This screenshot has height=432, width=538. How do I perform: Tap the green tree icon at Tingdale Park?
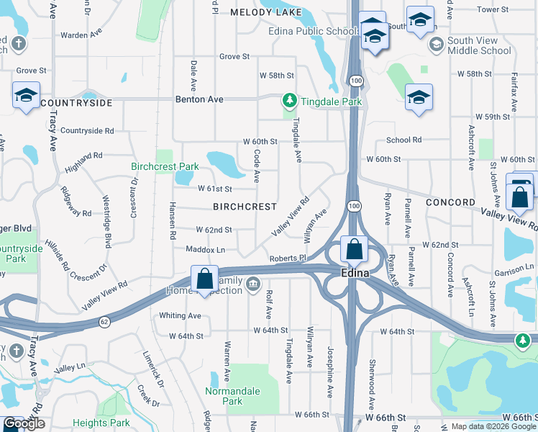[289, 99]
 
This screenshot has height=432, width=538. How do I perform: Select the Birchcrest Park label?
[165, 166]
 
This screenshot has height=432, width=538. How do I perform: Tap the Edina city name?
[355, 274]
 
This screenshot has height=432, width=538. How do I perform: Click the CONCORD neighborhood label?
[450, 202]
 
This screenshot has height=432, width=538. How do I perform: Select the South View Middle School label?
[479, 45]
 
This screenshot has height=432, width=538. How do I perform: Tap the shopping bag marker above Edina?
[354, 250]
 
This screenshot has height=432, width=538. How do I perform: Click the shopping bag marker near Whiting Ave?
[204, 279]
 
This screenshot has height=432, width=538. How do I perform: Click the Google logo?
[24, 424]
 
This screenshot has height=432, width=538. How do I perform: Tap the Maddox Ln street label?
[206, 250]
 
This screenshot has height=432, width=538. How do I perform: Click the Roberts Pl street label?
[288, 258]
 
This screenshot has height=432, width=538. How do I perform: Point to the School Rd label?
[403, 140]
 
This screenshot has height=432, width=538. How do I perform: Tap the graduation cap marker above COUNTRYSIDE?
[26, 95]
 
